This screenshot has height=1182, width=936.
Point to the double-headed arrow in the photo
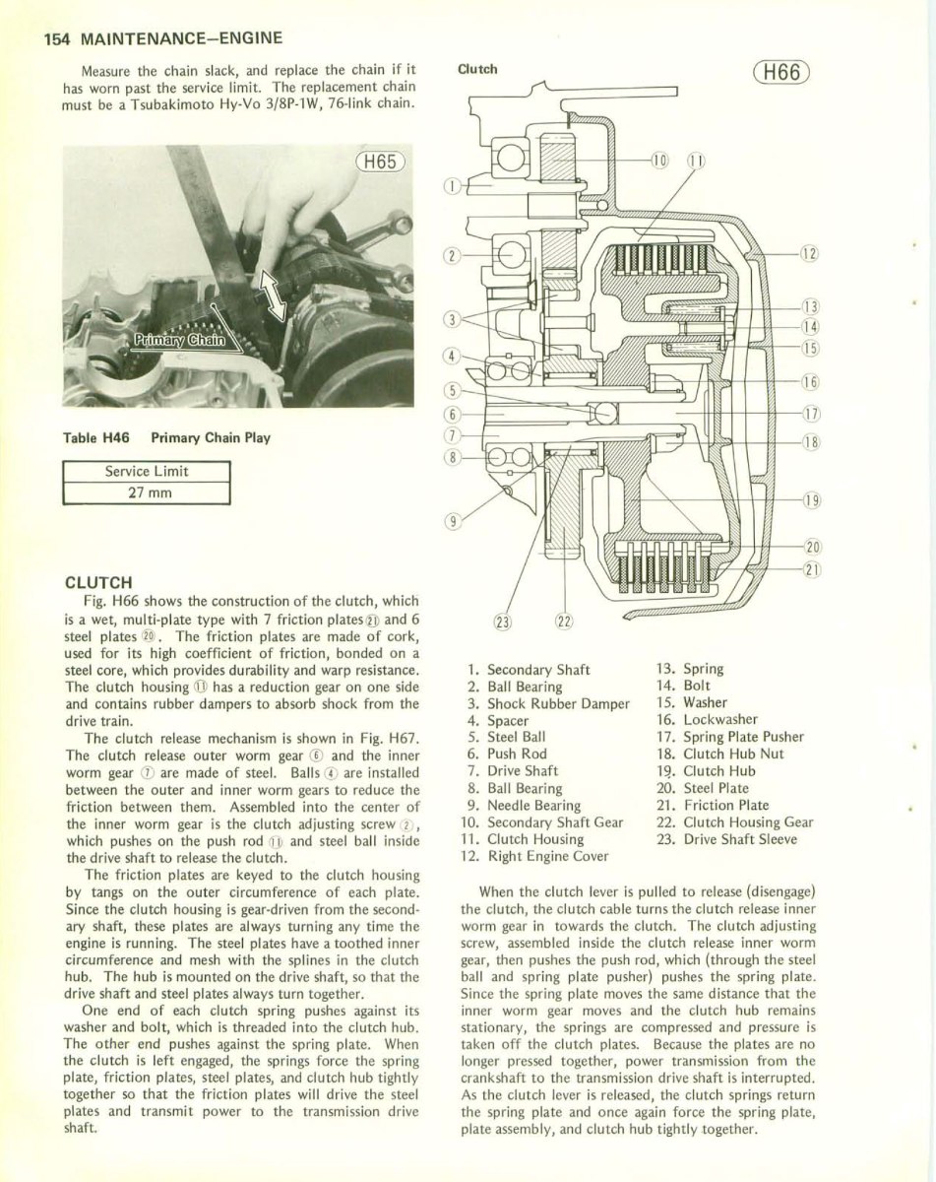tap(272, 295)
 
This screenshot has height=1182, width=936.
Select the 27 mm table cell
tap(147, 492)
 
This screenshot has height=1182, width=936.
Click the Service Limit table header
tap(147, 471)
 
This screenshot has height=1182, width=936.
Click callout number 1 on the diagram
tap(452, 184)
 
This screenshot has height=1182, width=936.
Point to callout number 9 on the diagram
tap(452, 522)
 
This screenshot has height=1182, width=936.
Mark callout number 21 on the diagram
tap(813, 568)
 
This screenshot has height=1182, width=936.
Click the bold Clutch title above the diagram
tap(478, 69)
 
